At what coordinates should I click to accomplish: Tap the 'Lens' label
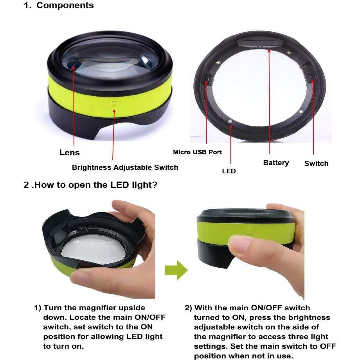[69, 153]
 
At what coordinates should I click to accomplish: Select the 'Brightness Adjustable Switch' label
[125, 167]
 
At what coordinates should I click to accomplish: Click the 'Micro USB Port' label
[197, 152]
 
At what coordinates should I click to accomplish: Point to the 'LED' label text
[229, 171]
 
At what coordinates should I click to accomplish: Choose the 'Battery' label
[276, 163]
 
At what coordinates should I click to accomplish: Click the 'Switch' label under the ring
[316, 164]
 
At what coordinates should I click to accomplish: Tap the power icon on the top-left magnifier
[113, 104]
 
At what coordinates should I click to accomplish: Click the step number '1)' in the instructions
[38, 308]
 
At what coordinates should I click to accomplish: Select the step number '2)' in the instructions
[188, 308]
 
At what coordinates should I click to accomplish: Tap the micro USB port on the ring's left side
[209, 79]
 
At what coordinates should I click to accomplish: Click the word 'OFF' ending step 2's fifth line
[328, 346]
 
